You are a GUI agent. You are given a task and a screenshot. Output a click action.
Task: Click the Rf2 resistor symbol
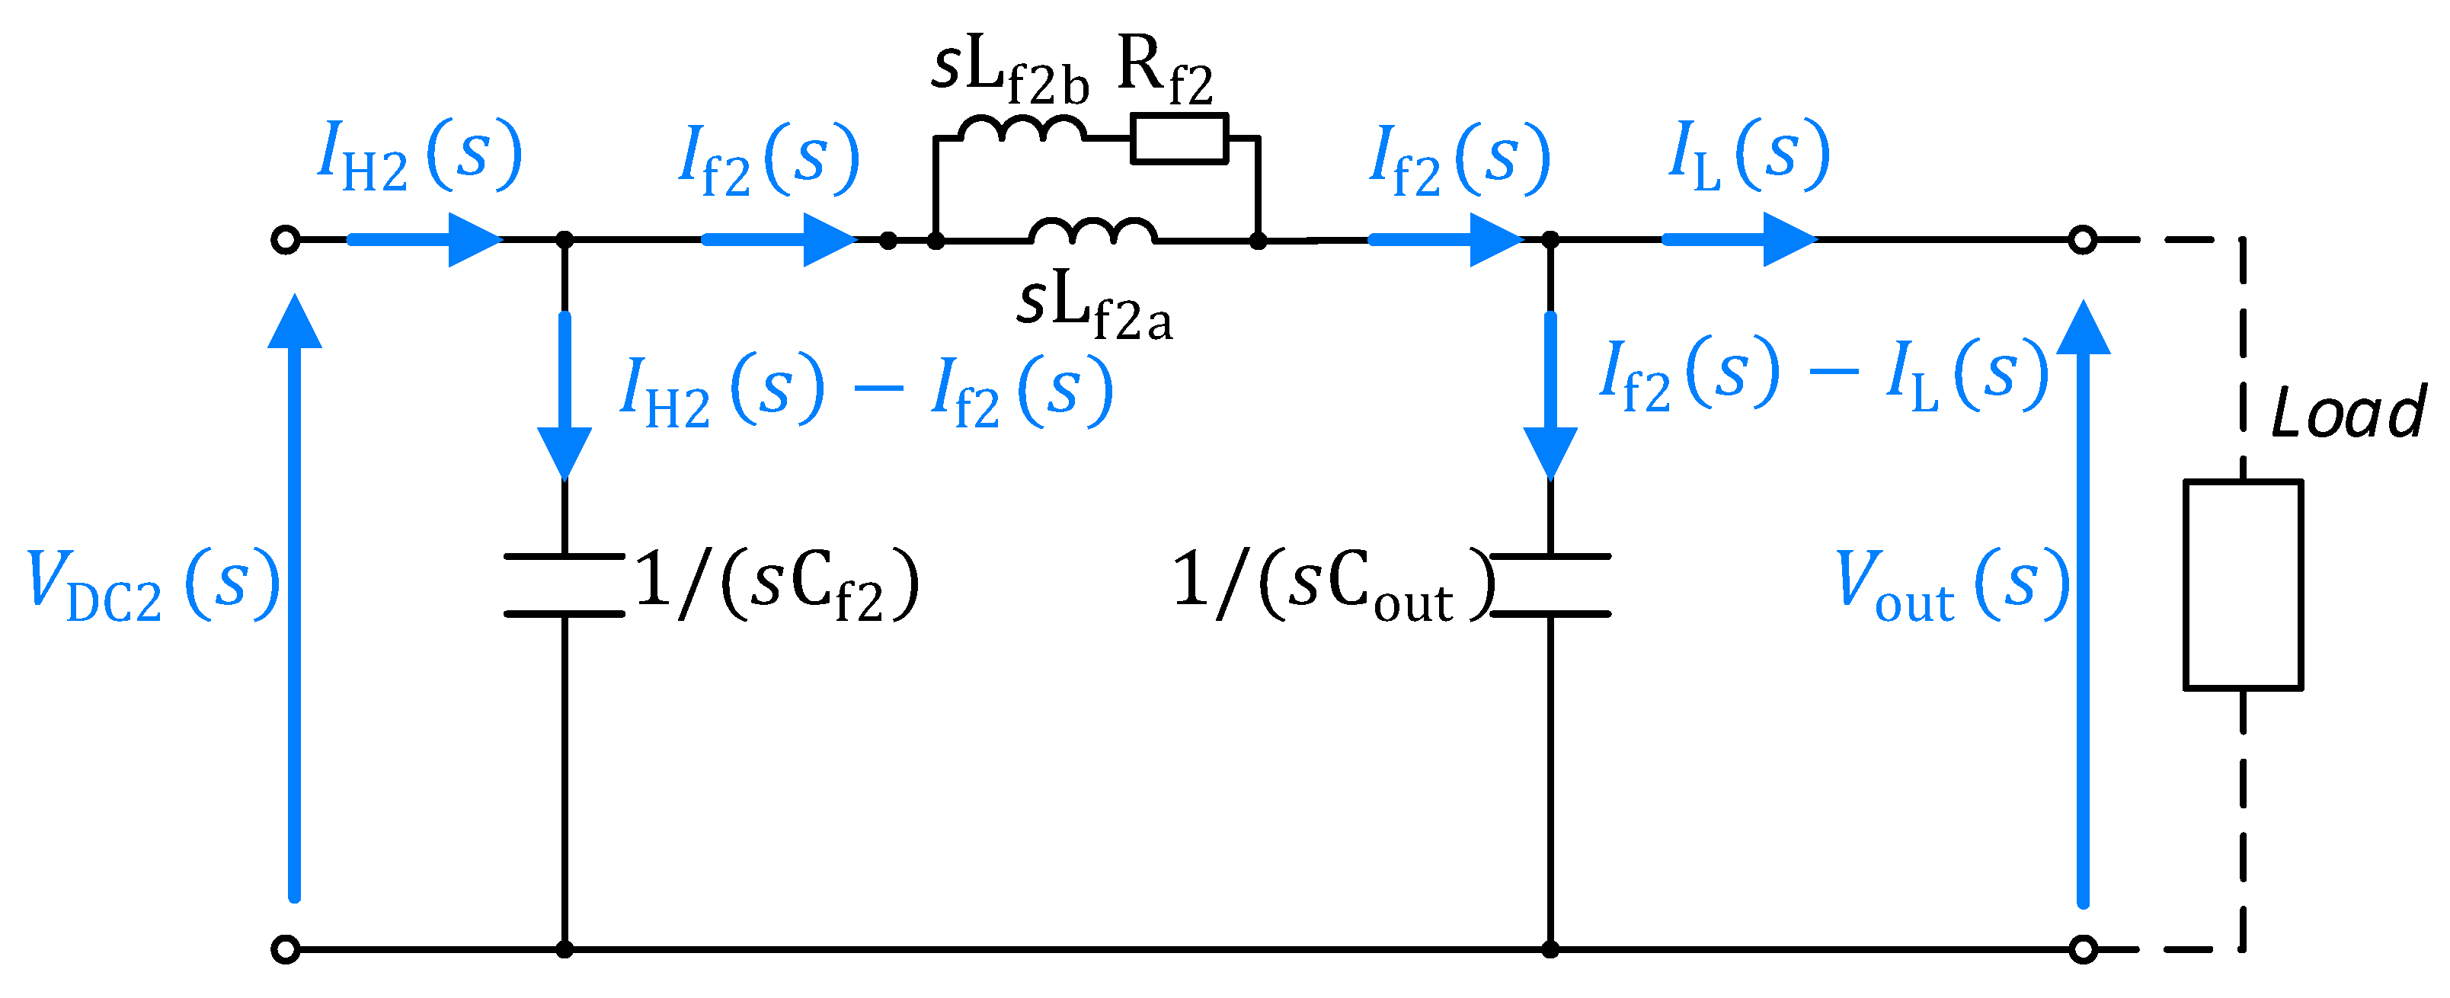pyautogui.click(x=1179, y=139)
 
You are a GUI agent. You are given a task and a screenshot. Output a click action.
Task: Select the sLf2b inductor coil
pyautogui.click(x=1022, y=130)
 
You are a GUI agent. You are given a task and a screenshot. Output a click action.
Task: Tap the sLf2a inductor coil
pyautogui.click(x=1092, y=231)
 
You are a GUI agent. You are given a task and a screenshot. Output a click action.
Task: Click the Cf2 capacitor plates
pyautogui.click(x=564, y=584)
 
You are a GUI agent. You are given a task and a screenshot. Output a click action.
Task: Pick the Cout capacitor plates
pyautogui.click(x=1550, y=584)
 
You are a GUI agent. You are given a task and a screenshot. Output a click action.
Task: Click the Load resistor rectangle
pyautogui.click(x=2243, y=584)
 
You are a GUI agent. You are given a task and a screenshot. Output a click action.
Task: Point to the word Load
pyautogui.click(x=2347, y=413)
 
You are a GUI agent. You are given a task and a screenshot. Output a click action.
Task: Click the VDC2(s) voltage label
pyautogui.click(x=152, y=584)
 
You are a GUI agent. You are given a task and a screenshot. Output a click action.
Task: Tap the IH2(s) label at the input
pyautogui.click(x=418, y=157)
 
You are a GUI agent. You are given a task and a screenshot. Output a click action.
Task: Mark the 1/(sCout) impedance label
pyautogui.click(x=1332, y=584)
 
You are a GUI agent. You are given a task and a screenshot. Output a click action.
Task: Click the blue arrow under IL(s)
pyautogui.click(x=1741, y=240)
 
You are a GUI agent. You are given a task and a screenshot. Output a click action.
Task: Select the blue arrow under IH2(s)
pyautogui.click(x=425, y=240)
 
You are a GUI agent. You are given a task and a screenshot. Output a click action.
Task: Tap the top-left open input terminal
pyautogui.click(x=286, y=240)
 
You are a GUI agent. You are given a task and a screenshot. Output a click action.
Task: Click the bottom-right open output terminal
pyautogui.click(x=2083, y=948)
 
